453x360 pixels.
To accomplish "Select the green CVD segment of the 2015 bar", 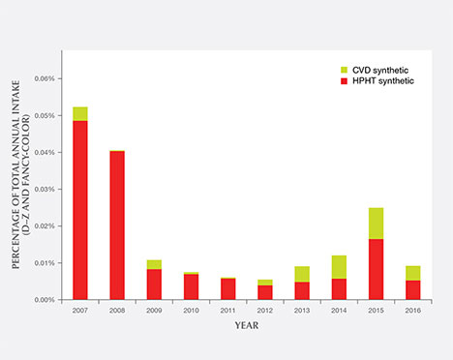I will (x=376, y=224).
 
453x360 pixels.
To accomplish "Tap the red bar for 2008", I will (x=117, y=225).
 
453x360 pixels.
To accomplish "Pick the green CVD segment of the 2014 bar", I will (x=339, y=267).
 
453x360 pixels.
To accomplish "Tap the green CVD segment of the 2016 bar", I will (x=412, y=273).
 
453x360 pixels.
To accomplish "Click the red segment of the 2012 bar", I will (x=265, y=292).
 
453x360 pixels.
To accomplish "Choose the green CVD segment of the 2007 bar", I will (x=80, y=113).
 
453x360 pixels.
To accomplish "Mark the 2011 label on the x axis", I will (x=227, y=311).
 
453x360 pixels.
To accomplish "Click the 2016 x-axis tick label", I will (x=412, y=311).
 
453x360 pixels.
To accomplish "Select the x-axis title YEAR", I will (x=246, y=325).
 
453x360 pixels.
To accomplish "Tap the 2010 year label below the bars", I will (x=191, y=311).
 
